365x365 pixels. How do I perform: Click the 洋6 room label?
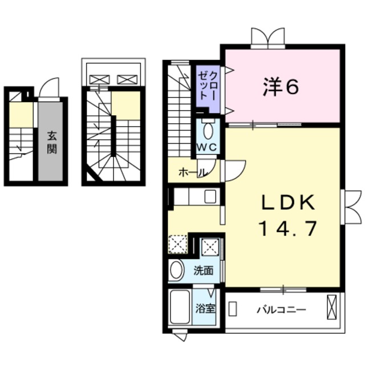281,87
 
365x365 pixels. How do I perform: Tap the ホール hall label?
192,172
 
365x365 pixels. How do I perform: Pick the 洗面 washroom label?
204,270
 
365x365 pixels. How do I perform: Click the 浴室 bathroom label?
206,310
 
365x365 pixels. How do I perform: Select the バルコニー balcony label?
281,310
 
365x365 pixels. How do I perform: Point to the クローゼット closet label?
206,86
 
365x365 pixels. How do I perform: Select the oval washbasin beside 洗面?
177,270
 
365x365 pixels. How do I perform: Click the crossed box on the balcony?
332,309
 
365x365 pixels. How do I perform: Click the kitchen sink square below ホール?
210,197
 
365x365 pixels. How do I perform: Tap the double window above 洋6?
268,37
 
